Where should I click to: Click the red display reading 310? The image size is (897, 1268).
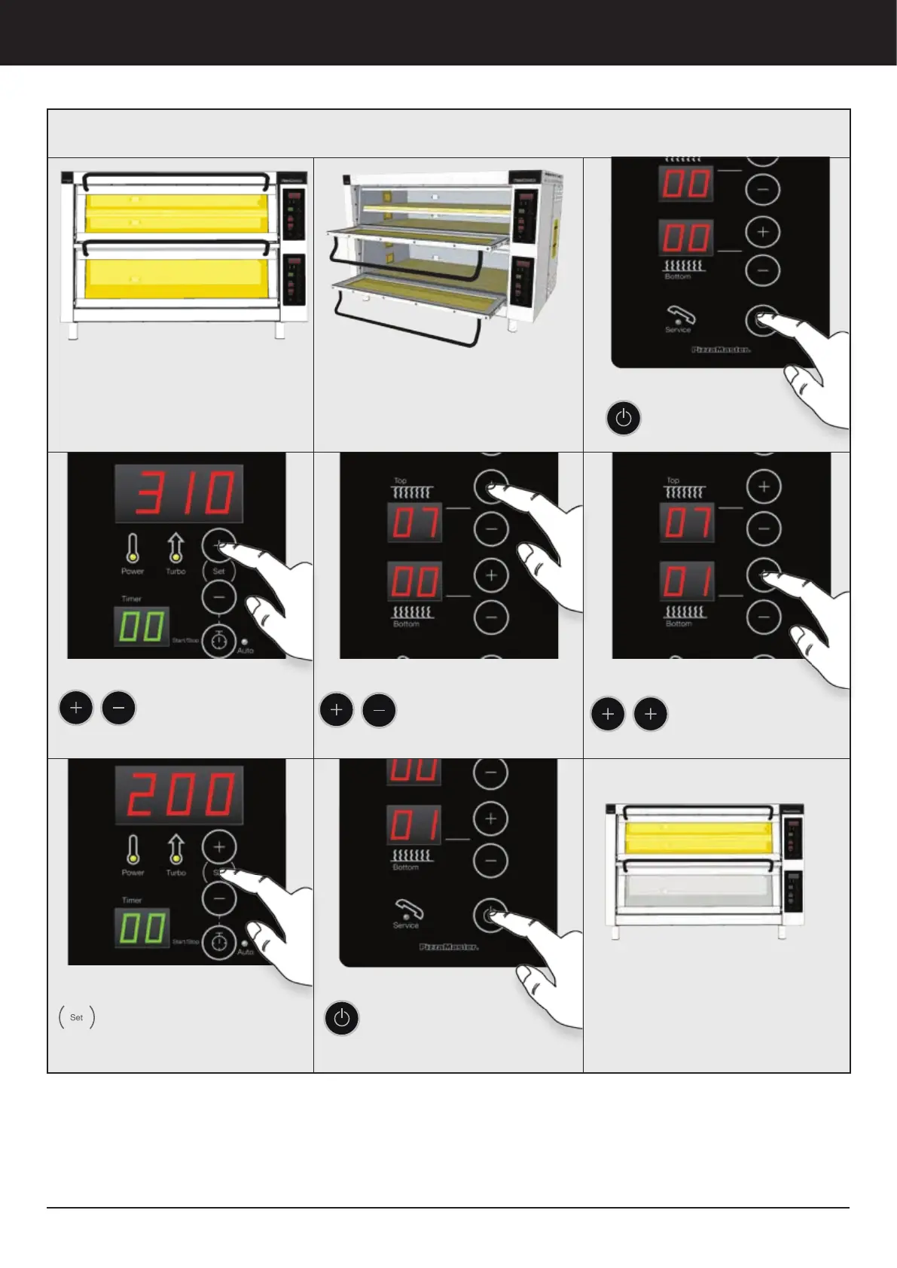(178, 493)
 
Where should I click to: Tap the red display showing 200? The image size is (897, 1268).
(178, 795)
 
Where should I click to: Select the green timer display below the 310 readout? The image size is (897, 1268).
(142, 626)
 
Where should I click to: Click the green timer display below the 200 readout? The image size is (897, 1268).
(142, 928)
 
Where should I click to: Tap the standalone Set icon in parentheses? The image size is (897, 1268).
(77, 1017)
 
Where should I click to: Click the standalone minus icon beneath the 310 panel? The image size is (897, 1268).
(118, 709)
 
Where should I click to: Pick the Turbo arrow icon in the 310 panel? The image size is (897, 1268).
(175, 548)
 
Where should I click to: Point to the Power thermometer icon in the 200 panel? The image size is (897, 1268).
(133, 849)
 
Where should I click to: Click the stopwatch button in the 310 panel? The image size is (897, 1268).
(219, 641)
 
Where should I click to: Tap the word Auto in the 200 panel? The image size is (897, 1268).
(246, 953)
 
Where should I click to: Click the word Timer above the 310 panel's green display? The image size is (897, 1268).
(132, 599)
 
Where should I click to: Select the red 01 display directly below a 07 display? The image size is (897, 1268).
(688, 581)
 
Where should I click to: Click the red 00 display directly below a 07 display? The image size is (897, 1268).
(415, 582)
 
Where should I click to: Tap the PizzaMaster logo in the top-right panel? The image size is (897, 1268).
(721, 350)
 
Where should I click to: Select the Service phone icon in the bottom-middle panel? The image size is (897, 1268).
(407, 911)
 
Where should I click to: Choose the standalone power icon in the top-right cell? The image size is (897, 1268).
(624, 418)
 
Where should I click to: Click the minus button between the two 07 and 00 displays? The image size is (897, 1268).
(491, 529)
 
